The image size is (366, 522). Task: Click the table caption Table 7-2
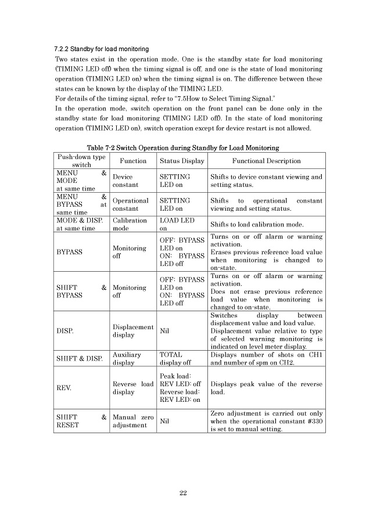(183, 148)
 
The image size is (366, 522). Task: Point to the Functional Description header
(266, 161)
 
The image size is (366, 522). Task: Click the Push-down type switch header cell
(81, 161)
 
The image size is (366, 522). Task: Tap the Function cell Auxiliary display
(127, 358)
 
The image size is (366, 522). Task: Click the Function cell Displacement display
(132, 331)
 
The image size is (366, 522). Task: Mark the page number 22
(182, 493)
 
